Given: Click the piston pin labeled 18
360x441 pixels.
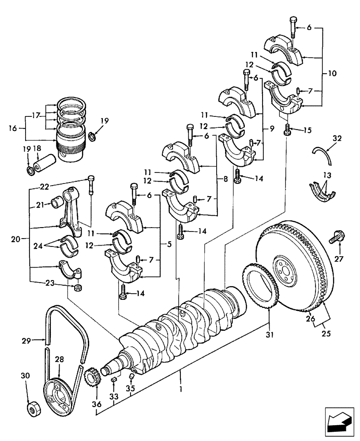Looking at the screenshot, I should pos(45,157).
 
